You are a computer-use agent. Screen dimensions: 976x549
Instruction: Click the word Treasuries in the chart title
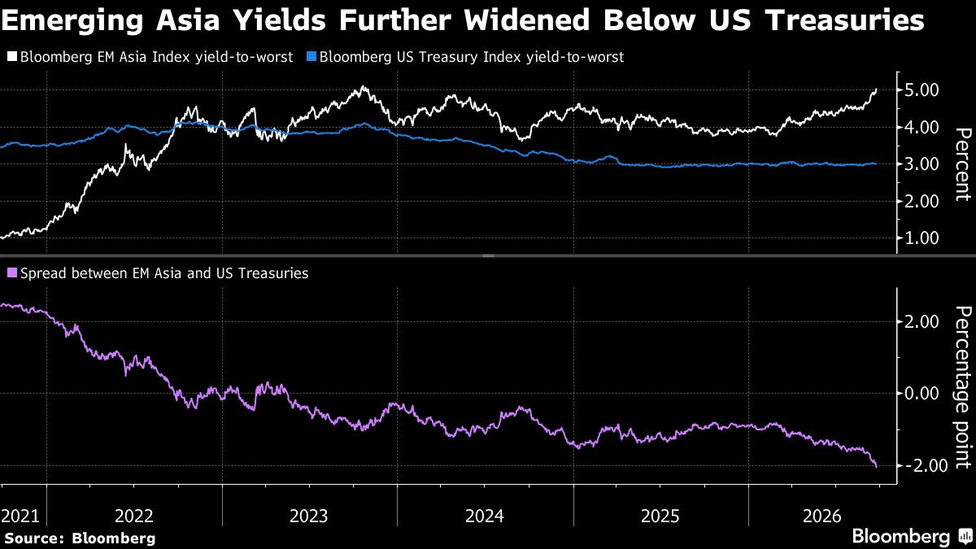pos(845,20)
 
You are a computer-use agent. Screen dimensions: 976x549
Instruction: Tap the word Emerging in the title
pos(72,20)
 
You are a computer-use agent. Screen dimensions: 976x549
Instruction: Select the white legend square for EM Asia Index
pos(12,57)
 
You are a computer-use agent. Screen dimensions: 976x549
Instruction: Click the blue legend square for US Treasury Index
pos(311,57)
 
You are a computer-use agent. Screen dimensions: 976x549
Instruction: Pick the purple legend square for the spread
pos(12,273)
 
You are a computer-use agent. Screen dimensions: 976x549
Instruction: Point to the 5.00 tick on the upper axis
pos(922,90)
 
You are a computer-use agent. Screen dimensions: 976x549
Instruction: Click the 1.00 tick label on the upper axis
pos(922,238)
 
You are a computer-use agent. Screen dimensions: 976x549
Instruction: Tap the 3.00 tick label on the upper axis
pos(922,164)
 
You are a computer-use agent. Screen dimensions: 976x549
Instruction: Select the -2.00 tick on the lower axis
pos(917,466)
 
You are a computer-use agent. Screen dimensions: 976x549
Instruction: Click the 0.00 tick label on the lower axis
pos(922,394)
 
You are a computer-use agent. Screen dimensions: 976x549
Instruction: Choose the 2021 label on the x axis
pos(20,516)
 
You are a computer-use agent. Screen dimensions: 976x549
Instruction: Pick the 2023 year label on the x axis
pos(308,516)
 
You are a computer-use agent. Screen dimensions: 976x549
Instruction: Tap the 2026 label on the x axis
pos(821,516)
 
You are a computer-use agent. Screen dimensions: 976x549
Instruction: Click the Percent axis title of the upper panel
pos(962,164)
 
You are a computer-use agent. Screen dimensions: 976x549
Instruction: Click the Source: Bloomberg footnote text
pos(80,538)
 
